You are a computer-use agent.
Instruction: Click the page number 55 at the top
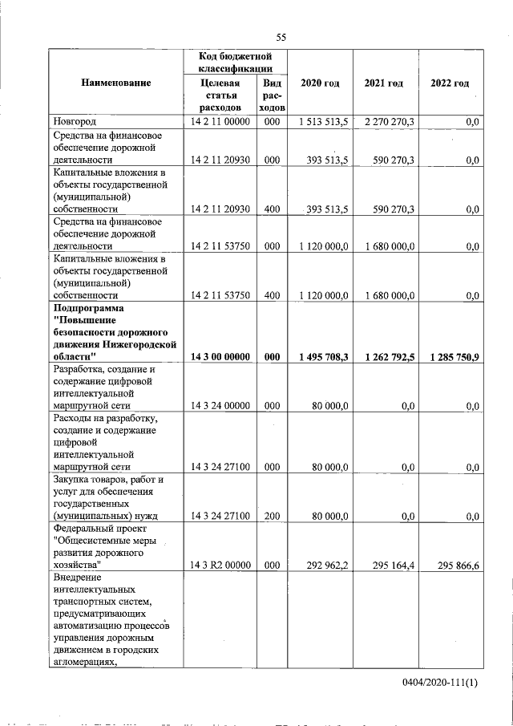click(x=281, y=38)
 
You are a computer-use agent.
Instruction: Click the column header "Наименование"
click(x=115, y=83)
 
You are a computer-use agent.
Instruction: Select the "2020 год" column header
click(x=320, y=83)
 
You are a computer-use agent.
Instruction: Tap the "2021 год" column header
click(x=384, y=83)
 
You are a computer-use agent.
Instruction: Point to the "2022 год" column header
click(x=450, y=83)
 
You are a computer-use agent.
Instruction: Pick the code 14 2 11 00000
click(x=221, y=122)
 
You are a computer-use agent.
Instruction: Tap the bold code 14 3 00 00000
click(x=221, y=357)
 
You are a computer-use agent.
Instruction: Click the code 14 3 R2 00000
click(x=221, y=566)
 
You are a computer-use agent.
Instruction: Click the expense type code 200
click(x=272, y=516)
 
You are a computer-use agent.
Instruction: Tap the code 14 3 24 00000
click(x=221, y=407)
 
